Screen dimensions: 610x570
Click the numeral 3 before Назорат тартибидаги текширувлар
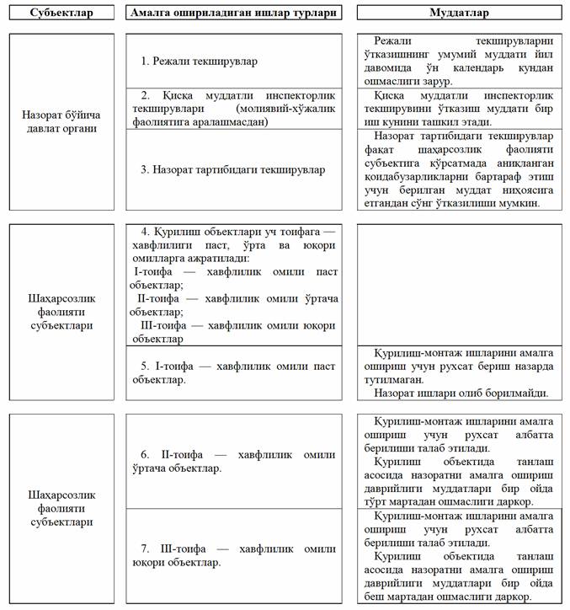pos(144,169)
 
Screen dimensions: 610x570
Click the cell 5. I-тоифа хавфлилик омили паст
pos(233,372)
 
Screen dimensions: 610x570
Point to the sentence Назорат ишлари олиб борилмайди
pos(461,393)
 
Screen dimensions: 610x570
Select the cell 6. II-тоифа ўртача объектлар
pos(233,461)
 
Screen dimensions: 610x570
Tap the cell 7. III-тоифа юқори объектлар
pos(233,555)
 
